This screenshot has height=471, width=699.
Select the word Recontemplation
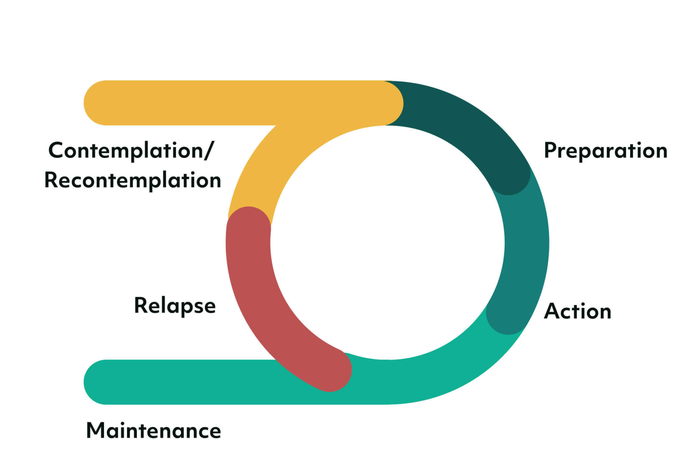133,180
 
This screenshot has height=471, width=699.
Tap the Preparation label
605,151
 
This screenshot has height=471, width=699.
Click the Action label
577,311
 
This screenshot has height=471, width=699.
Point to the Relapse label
175,305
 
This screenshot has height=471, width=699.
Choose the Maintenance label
154,431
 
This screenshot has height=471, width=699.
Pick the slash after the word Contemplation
209,151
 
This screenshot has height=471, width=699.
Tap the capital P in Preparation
551,150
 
